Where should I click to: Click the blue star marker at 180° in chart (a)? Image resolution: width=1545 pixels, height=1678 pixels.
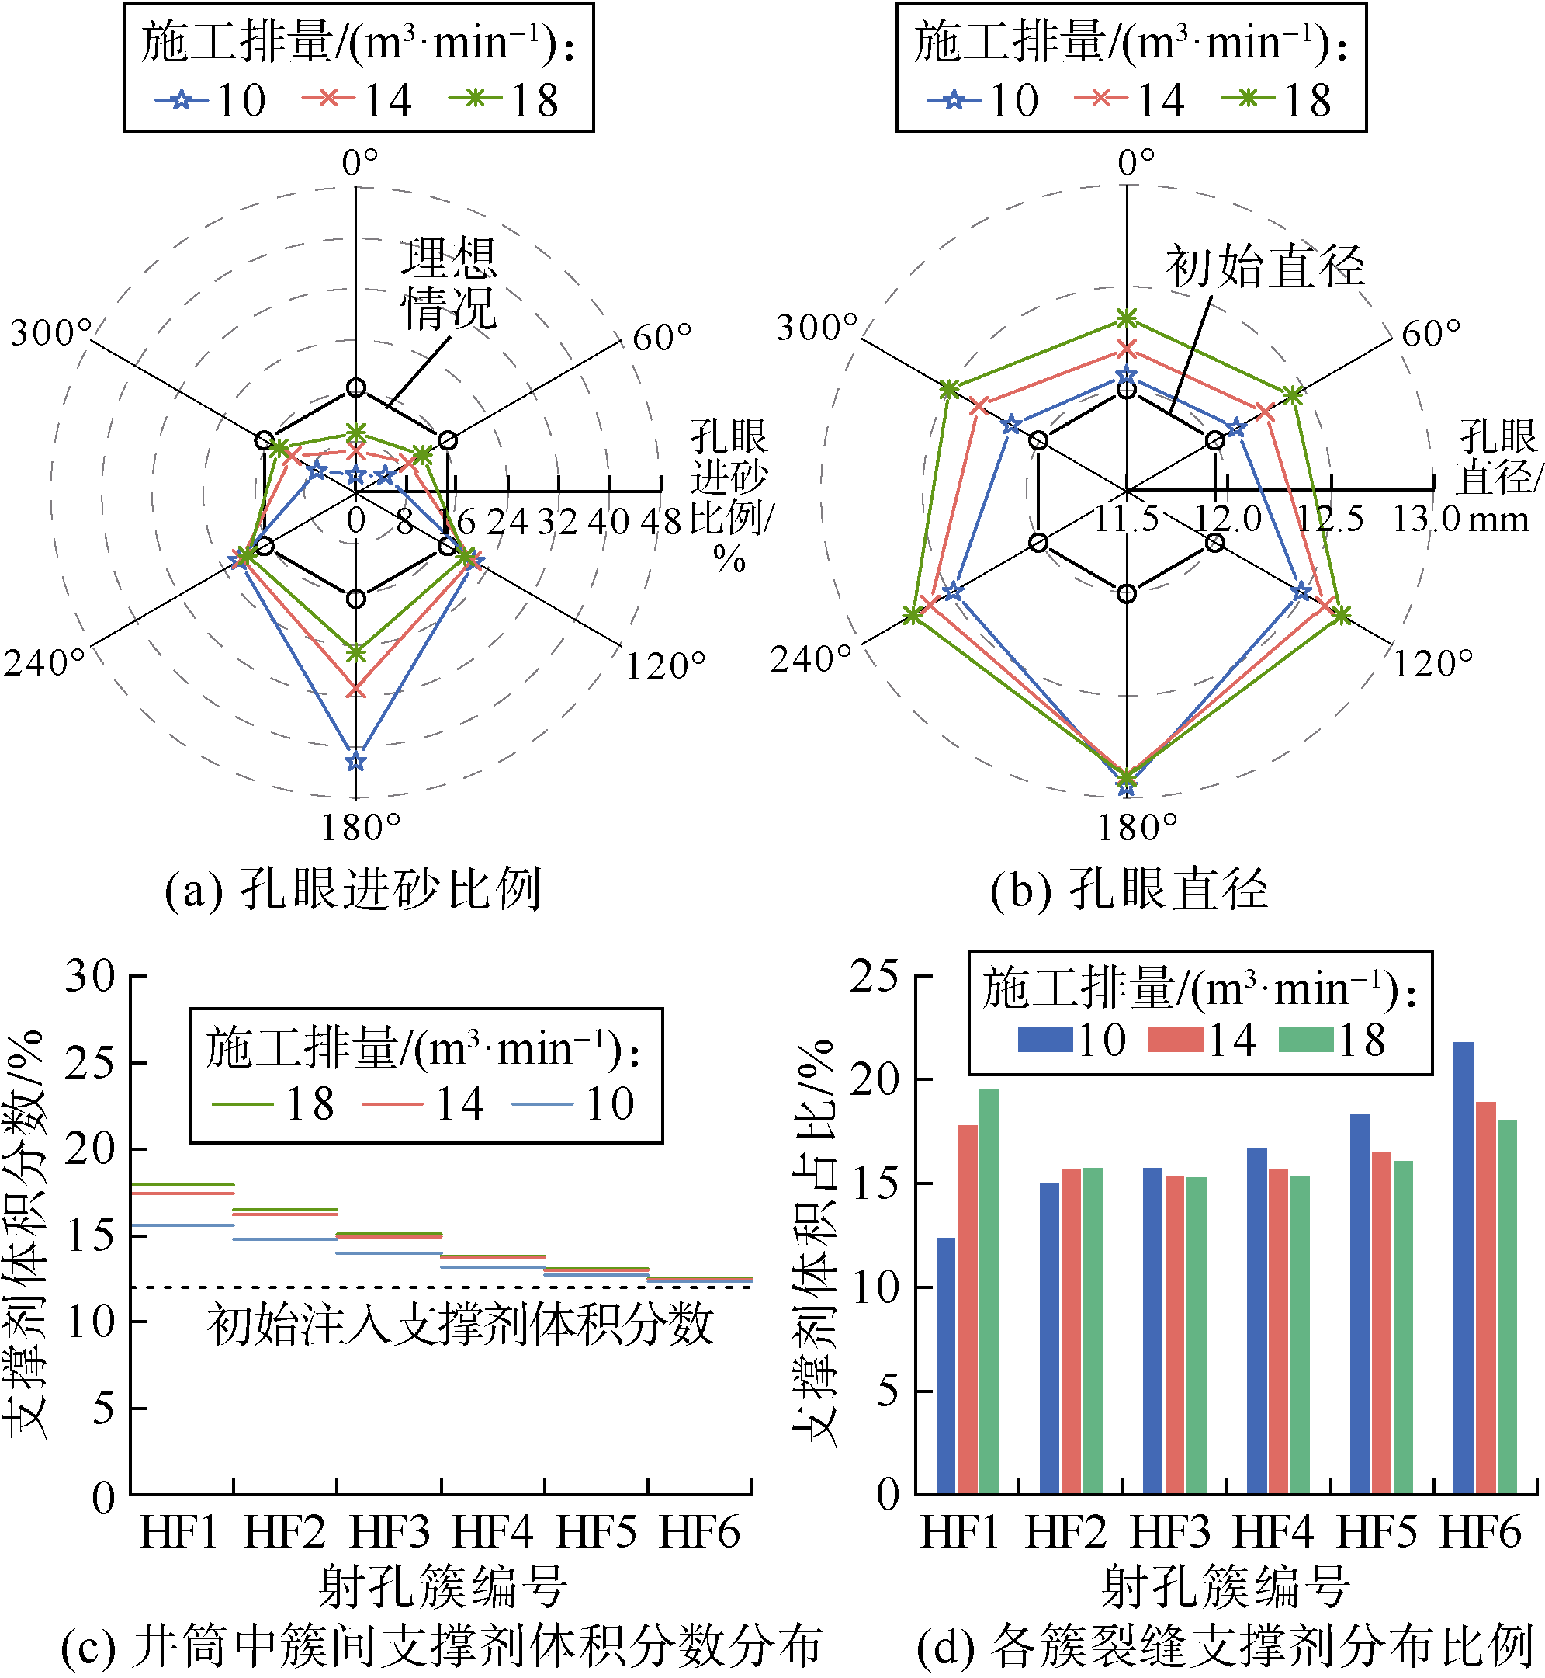[356, 760]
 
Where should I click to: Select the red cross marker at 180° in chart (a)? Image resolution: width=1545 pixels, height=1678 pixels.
[356, 689]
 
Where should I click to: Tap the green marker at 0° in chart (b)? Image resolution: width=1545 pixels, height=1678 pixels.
[1127, 318]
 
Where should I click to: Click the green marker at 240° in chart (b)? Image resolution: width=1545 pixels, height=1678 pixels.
[913, 616]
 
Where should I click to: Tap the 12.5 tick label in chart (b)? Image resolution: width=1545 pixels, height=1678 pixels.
[1329, 519]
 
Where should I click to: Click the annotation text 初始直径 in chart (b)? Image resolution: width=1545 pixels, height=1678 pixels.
[1264, 268]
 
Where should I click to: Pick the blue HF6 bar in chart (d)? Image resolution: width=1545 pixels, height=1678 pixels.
[1463, 1267]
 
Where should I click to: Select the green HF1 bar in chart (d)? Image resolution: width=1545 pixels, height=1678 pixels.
[989, 1291]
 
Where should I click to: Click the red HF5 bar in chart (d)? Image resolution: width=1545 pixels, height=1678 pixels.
[1380, 1322]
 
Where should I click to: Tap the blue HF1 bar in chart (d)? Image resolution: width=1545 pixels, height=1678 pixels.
[946, 1365]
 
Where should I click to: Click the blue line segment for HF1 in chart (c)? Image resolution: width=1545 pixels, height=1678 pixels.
[182, 1225]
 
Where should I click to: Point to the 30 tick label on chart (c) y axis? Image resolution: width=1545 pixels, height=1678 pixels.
[90, 976]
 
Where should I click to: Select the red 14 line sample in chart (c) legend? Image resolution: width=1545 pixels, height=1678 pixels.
[392, 1104]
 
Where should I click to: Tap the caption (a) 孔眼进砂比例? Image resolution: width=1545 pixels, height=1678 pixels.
[353, 888]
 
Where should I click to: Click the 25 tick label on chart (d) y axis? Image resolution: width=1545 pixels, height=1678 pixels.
[875, 976]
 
